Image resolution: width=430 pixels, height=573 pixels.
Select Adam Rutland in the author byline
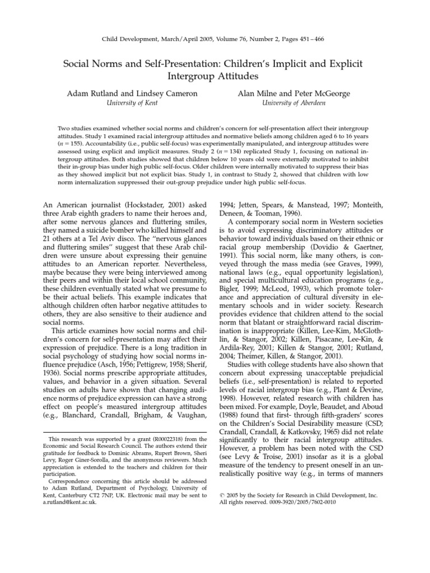89,93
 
